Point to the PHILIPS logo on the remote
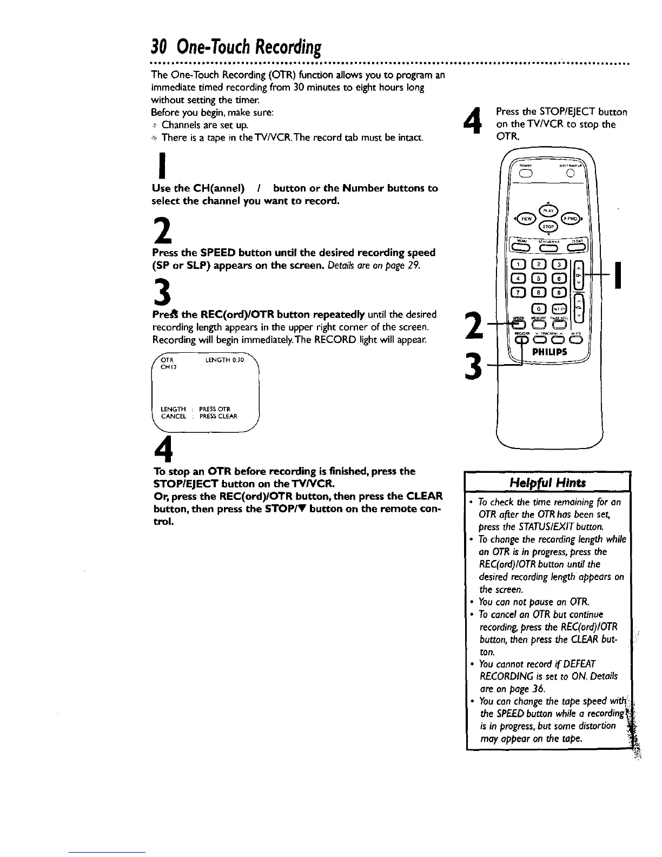point(551,351)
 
